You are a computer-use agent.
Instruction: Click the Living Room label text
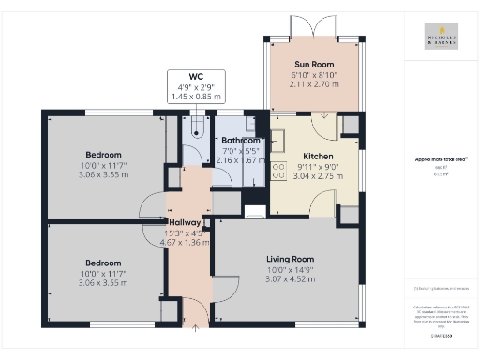point(289,259)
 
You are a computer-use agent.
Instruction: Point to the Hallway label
point(186,223)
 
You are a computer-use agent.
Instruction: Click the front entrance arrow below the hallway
point(195,328)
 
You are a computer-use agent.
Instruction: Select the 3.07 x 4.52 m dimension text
point(289,279)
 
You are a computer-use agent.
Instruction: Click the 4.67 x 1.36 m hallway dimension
point(186,243)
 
